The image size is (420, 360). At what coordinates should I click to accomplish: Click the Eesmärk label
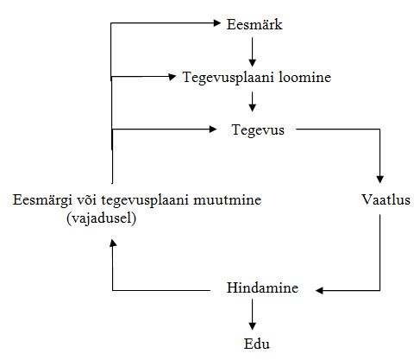(x=254, y=24)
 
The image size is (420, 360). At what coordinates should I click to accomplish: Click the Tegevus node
(x=258, y=130)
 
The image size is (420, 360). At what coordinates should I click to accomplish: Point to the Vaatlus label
(x=386, y=199)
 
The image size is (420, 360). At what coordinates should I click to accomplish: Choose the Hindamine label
(x=262, y=287)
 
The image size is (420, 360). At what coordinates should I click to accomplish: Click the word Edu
(x=257, y=344)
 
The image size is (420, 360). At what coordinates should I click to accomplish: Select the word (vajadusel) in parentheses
(x=101, y=218)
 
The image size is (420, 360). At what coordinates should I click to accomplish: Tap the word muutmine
(x=227, y=199)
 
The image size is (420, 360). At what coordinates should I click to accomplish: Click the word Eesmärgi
(x=42, y=200)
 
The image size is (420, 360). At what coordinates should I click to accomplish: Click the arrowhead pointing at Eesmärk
(x=217, y=22)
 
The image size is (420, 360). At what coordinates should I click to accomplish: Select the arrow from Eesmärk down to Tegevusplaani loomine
(x=253, y=52)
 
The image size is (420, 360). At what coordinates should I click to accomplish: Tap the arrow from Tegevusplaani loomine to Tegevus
(x=253, y=102)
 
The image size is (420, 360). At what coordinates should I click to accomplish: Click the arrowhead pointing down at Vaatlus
(x=379, y=179)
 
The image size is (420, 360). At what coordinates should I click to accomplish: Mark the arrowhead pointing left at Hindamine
(x=319, y=290)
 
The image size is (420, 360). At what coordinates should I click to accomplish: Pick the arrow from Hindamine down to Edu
(x=253, y=314)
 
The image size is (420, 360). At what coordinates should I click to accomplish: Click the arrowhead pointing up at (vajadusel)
(x=113, y=243)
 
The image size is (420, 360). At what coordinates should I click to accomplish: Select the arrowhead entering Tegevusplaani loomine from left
(x=172, y=77)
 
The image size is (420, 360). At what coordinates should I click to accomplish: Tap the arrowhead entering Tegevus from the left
(x=213, y=129)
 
